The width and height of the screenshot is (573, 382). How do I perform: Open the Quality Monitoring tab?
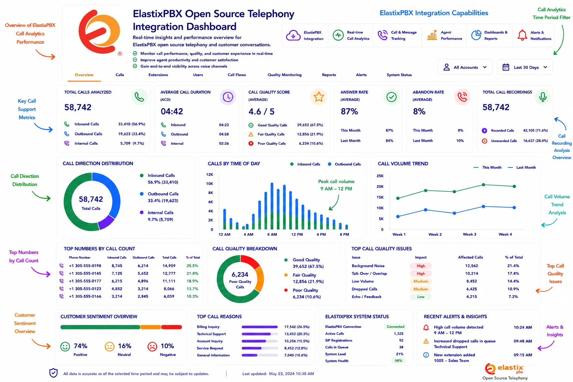(x=285, y=75)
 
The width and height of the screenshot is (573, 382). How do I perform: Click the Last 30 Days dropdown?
(x=525, y=67)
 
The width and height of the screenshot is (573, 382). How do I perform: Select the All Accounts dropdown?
(x=465, y=67)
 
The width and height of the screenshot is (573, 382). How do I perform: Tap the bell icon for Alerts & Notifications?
(x=522, y=35)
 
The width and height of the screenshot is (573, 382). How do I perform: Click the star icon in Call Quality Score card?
(x=319, y=97)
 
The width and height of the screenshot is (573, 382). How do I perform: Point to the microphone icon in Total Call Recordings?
(x=542, y=97)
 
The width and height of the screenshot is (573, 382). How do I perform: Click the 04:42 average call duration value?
(x=172, y=111)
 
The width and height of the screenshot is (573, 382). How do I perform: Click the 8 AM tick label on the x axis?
(x=272, y=234)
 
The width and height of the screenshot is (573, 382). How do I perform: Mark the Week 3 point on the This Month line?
(x=454, y=191)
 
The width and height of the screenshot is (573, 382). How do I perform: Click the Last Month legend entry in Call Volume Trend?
(x=522, y=167)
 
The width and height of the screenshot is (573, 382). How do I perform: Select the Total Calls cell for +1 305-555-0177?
(x=169, y=281)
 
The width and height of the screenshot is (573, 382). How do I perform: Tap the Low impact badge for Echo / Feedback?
(x=420, y=297)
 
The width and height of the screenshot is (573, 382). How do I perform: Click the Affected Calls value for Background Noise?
(x=472, y=266)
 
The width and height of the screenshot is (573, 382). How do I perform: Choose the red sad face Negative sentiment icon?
(x=152, y=347)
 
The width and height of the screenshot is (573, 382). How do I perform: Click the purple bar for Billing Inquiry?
(x=259, y=327)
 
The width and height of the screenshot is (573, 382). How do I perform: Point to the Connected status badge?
(x=395, y=326)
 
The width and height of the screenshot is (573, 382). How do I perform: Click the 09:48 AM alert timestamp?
(x=523, y=341)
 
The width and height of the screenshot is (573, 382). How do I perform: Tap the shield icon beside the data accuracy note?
(x=53, y=373)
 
